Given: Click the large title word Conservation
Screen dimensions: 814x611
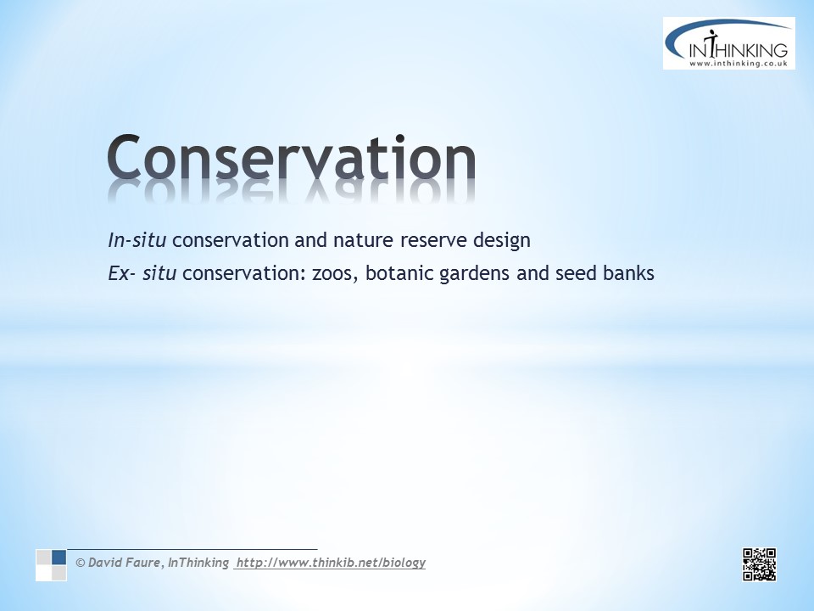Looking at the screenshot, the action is click(x=291, y=157).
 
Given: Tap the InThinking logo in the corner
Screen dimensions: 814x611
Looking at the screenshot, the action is click(x=729, y=43).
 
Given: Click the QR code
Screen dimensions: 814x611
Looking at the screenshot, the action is click(x=759, y=564).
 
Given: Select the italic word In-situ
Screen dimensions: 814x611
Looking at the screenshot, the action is click(x=137, y=240).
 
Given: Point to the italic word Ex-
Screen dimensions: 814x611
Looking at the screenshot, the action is click(x=122, y=272).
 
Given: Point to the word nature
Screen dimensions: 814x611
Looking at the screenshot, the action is click(x=364, y=240).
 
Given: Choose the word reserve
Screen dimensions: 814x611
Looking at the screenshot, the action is click(x=433, y=241).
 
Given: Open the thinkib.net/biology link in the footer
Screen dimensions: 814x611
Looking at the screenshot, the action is click(x=331, y=563).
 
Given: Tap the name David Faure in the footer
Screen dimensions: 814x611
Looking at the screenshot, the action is click(x=124, y=563).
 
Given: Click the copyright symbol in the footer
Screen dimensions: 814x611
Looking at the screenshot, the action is click(x=81, y=563).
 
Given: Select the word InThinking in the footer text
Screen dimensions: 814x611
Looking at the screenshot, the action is click(x=198, y=563).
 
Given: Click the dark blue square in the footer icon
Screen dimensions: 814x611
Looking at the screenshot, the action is click(x=59, y=557).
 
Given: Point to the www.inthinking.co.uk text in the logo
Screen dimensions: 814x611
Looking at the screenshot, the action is click(x=739, y=64).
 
